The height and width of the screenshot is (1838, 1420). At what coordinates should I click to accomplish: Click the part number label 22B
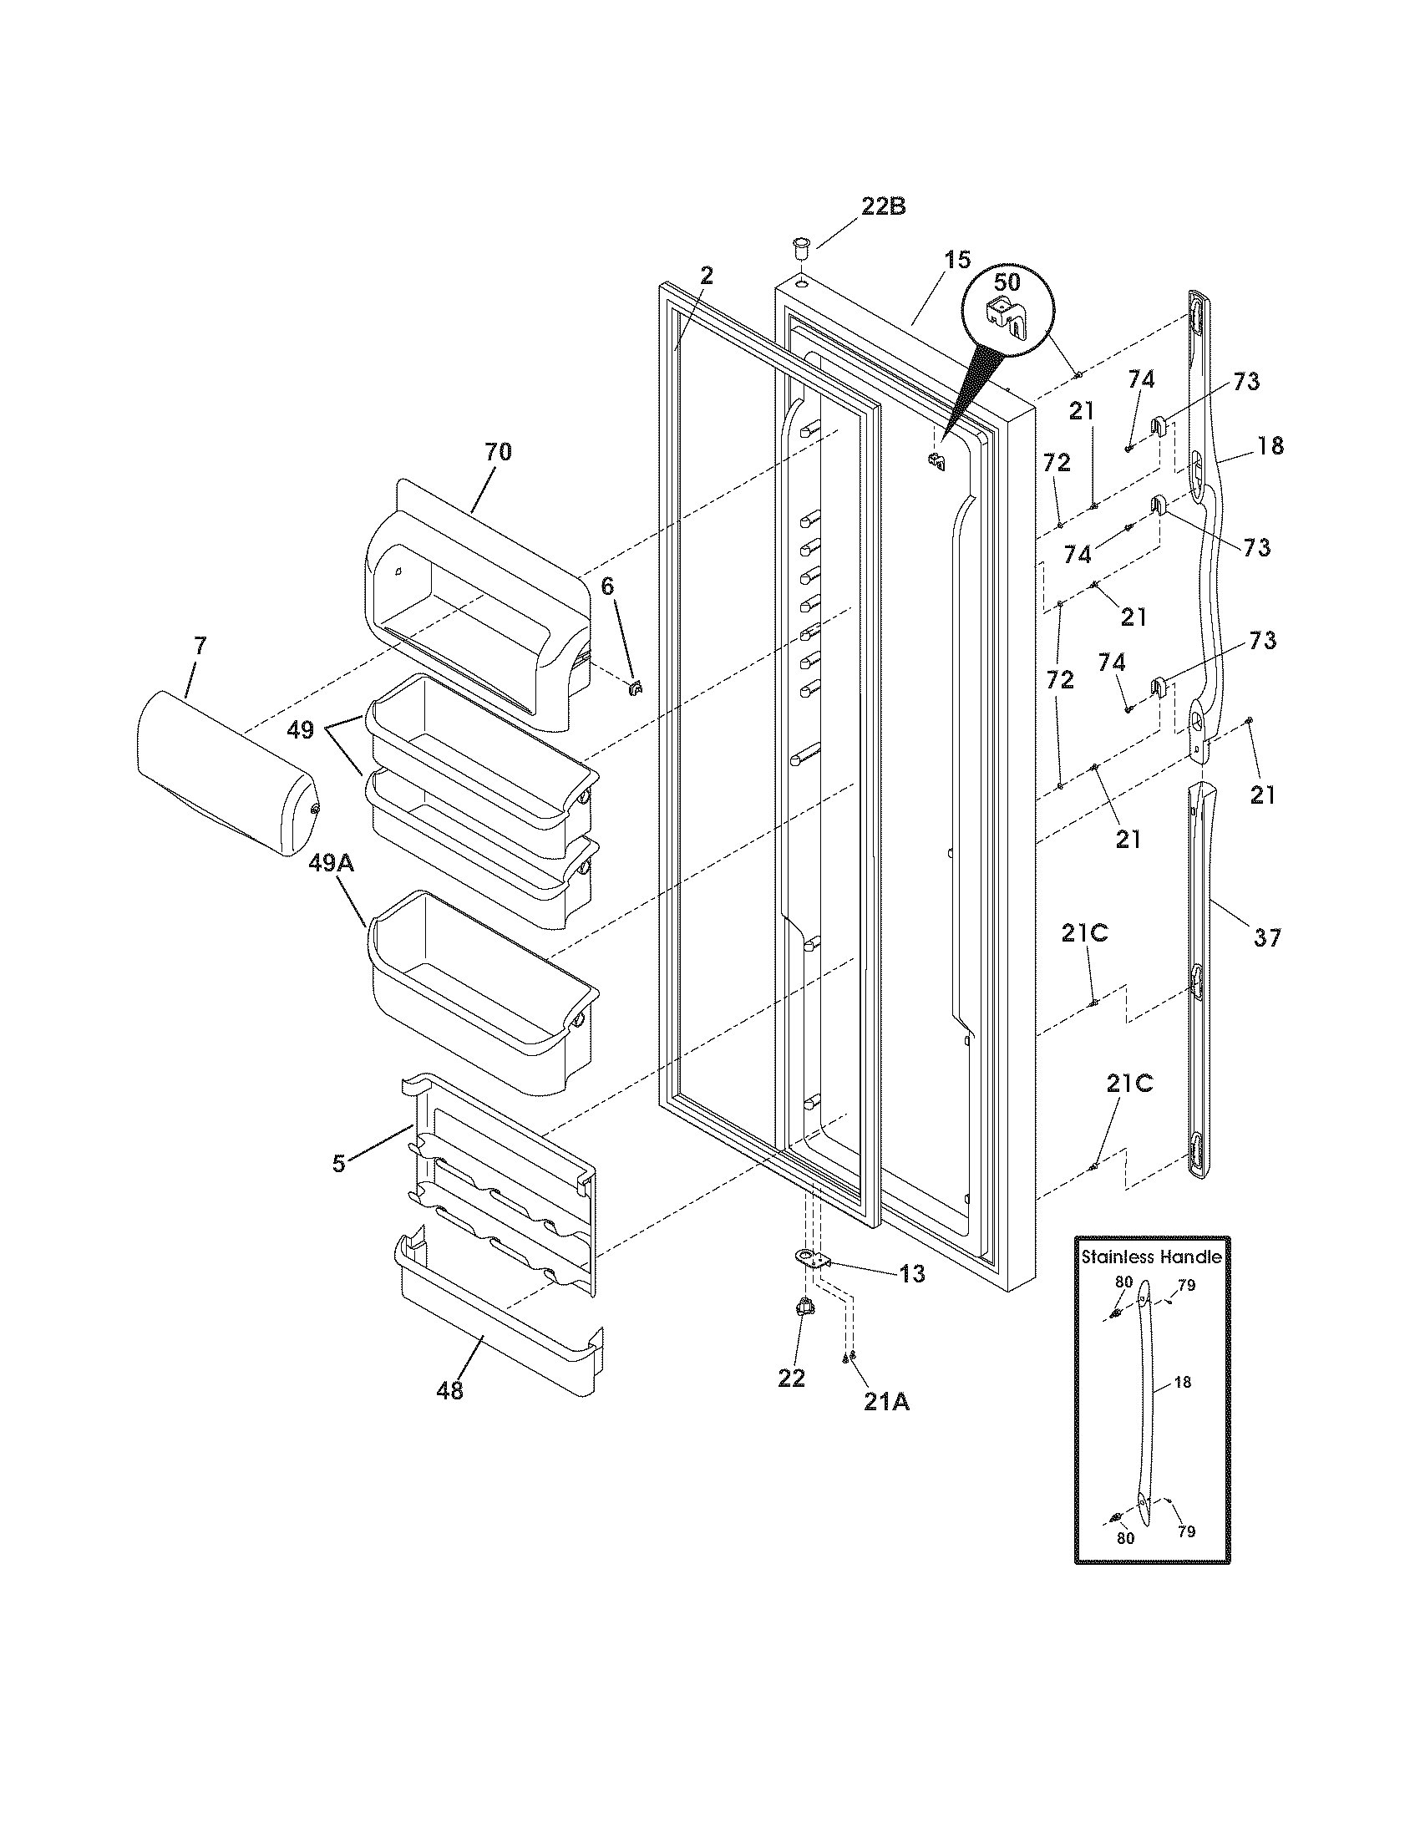tap(882, 207)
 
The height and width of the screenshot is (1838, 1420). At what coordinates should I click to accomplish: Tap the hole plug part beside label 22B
tap(800, 249)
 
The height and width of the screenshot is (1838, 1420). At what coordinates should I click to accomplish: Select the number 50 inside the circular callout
tap(1007, 283)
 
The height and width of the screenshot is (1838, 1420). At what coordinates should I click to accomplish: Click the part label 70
tap(498, 452)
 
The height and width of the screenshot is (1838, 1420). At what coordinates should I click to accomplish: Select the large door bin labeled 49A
tap(479, 993)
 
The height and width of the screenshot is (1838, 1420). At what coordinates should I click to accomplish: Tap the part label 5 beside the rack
tap(338, 1164)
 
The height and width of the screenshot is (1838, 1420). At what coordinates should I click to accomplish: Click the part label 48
tap(450, 1391)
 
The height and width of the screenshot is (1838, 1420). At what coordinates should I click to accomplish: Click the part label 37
tap(1267, 937)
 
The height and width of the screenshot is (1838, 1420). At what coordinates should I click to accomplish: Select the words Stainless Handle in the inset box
tap(1152, 1257)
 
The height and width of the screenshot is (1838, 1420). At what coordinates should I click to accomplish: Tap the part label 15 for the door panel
tap(956, 260)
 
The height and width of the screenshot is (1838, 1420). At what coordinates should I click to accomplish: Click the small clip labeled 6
tap(636, 688)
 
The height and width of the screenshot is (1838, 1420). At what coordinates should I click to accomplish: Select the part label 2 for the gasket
tap(707, 275)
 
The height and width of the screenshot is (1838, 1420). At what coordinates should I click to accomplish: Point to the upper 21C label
tap(1084, 933)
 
